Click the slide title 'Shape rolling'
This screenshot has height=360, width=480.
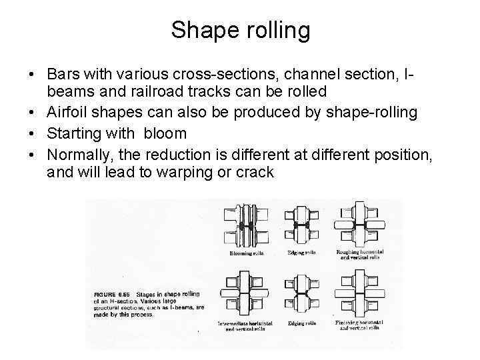pyautogui.click(x=240, y=29)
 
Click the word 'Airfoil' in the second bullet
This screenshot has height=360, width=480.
pyautogui.click(x=70, y=113)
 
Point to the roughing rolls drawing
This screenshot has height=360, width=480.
pyautogui.click(x=360, y=227)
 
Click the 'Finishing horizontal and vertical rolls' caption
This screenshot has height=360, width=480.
pyautogui.click(x=360, y=327)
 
